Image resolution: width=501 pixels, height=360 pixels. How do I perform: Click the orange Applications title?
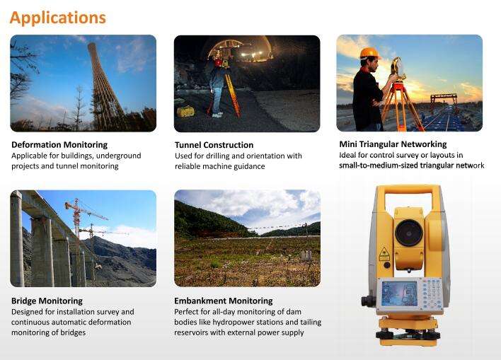pos(58,18)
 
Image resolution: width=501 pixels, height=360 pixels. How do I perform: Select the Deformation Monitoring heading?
pos(59,145)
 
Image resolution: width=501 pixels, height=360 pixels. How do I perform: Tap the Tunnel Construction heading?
pos(214,145)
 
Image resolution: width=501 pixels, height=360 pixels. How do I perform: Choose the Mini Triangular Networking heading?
pos(393,144)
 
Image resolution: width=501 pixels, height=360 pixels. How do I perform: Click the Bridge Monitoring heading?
pos(47,301)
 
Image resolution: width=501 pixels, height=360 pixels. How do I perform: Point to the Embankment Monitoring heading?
pos(224,301)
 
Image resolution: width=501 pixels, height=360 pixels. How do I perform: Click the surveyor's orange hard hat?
pos(370,53)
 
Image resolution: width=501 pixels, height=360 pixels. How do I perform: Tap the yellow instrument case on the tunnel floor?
pos(185,111)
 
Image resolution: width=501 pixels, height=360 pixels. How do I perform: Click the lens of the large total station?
pos(409,233)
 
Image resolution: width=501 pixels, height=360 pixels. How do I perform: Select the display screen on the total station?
pos(399,294)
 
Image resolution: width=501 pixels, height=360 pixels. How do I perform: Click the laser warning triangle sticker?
pos(384,254)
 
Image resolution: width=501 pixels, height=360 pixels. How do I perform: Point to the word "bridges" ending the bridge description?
pos(73,332)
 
